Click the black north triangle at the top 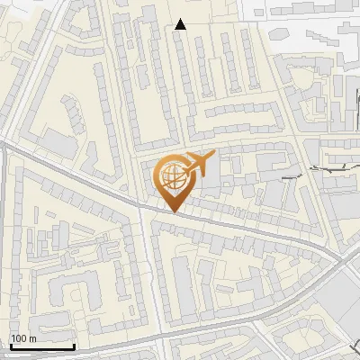181,24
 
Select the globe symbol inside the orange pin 172,177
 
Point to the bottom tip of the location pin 174,211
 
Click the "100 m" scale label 23,337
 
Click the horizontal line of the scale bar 42,346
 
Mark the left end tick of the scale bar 11,345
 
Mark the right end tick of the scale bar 74,345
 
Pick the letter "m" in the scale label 31,337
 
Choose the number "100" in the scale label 19,337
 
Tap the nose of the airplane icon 213,157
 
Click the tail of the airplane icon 184,170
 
